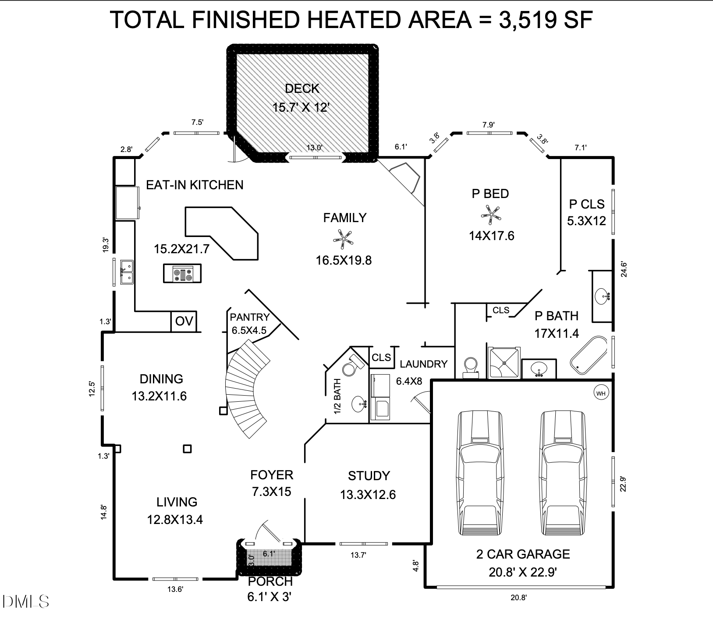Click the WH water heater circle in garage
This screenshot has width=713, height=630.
[x=600, y=393]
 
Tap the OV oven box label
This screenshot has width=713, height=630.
[x=184, y=322]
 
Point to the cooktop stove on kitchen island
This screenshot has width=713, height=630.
[x=182, y=273]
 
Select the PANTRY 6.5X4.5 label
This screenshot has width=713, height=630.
[x=249, y=323]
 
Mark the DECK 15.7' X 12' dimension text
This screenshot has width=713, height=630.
[x=301, y=107]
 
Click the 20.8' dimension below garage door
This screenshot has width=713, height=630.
[x=518, y=598]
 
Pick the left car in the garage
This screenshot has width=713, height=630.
[x=480, y=473]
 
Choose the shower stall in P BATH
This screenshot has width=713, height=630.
[x=504, y=363]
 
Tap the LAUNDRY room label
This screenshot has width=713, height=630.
[x=423, y=364]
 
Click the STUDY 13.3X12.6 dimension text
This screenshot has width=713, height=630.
[x=368, y=495]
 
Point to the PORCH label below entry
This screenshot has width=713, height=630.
[x=270, y=582]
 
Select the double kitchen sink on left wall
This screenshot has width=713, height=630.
[x=127, y=272]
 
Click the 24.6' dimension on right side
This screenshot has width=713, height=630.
[x=624, y=269]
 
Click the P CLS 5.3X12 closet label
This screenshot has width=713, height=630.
[x=586, y=212]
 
